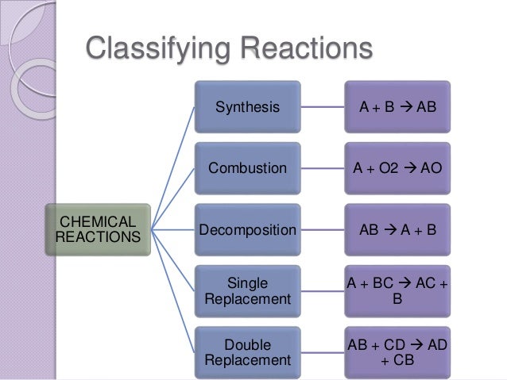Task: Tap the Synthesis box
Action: [x=248, y=106]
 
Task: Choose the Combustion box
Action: [x=248, y=168]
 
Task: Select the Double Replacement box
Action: [x=248, y=353]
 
